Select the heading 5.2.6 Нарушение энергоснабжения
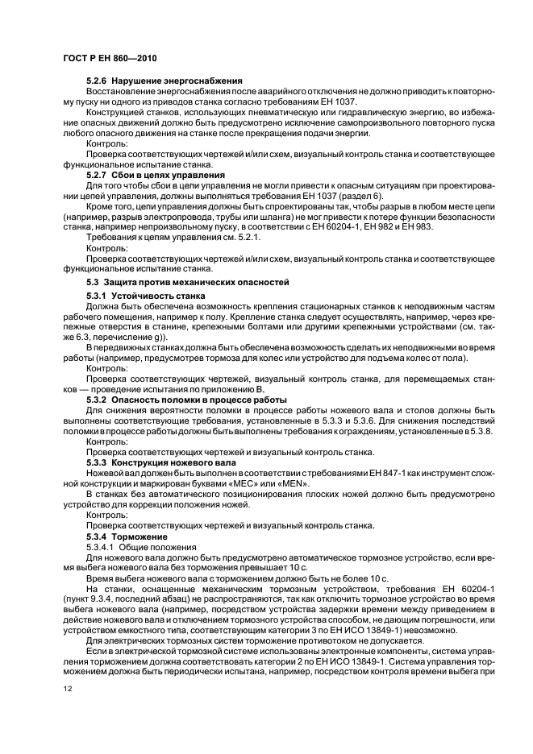pyautogui.click(x=152, y=82)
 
